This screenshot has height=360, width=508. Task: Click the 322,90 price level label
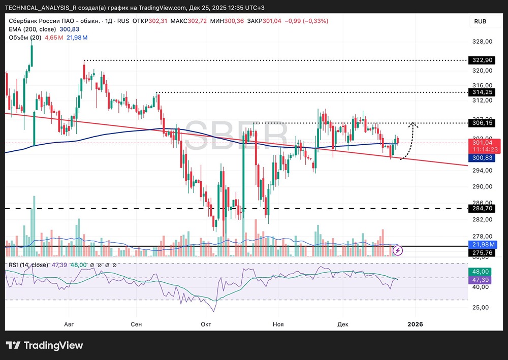[x=482, y=60]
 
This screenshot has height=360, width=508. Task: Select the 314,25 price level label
[x=482, y=92]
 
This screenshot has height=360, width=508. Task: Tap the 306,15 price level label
[x=482, y=123]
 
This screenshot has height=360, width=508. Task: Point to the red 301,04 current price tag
[x=482, y=143]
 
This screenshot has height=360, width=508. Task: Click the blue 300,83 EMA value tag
[x=482, y=158]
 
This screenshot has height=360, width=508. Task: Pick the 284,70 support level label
[x=482, y=208]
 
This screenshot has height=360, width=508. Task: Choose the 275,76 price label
[x=482, y=252]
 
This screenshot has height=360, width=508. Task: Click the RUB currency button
[x=480, y=21]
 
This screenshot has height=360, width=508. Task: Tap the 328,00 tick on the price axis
[x=482, y=42]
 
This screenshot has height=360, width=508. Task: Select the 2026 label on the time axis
[x=416, y=324]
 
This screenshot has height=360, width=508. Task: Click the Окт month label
[x=206, y=324]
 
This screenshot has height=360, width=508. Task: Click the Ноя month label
[x=277, y=324]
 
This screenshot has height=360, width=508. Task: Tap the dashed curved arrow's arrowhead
[x=414, y=124]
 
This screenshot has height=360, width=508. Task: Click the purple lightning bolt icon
[x=399, y=250]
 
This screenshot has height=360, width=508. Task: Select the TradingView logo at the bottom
[x=44, y=346]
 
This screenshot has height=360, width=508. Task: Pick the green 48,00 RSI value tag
[x=482, y=272]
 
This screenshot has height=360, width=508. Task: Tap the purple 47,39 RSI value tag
[x=482, y=280]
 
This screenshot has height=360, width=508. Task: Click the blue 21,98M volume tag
[x=482, y=245]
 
